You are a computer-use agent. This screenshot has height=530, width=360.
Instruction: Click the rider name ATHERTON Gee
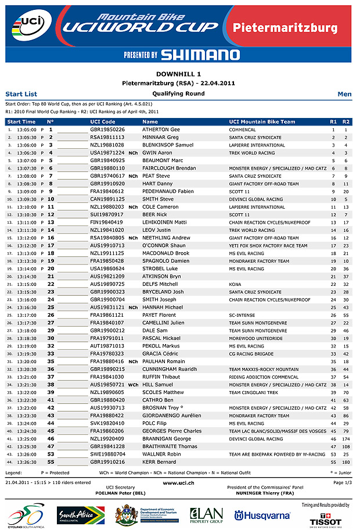pyautogui.click(x=161, y=130)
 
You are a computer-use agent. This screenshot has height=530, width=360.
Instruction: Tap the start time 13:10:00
pyautogui.click(x=27, y=207)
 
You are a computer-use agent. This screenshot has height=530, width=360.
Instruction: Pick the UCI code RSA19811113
pyautogui.click(x=107, y=137)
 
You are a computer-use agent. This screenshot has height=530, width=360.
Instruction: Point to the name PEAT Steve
pyautogui.click(x=156, y=176)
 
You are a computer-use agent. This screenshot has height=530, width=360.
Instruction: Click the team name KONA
pyautogui.click(x=234, y=284)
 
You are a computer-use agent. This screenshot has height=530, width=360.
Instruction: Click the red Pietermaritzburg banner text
pyautogui.click(x=285, y=28)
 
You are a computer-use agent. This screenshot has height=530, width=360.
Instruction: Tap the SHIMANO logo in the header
pyautogui.click(x=200, y=55)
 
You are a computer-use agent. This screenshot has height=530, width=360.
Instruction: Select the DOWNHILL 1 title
pyautogui.click(x=179, y=74)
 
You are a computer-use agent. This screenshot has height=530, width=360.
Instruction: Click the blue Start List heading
pyautogui.click(x=21, y=94)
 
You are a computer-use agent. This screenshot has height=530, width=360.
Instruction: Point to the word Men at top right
pyautogui.click(x=344, y=94)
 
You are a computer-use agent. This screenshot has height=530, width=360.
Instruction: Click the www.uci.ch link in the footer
pyautogui.click(x=179, y=482)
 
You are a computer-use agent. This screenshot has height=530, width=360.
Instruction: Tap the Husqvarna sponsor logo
pyautogui.click(x=262, y=515)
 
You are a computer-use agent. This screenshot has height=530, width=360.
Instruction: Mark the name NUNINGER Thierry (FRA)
pyautogui.click(x=265, y=492)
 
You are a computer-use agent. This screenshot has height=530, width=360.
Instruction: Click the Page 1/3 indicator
pyautogui.click(x=343, y=482)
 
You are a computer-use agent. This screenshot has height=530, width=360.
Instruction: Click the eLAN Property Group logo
pyautogui.click(x=206, y=515)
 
